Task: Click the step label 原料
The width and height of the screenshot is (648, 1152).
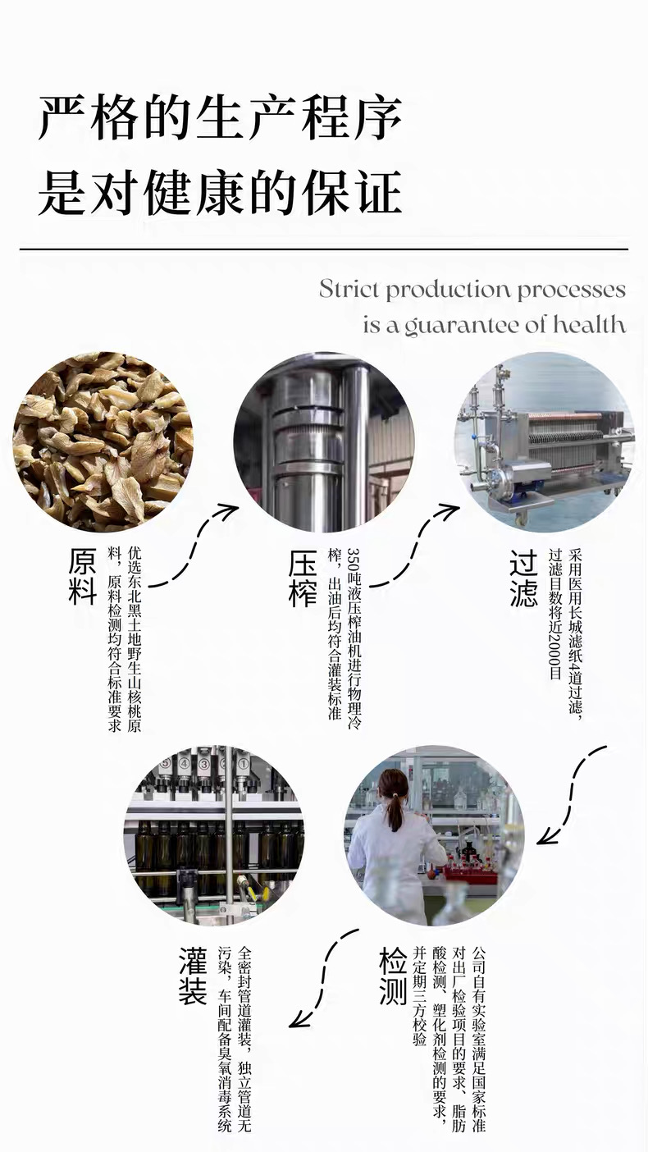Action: [82, 576]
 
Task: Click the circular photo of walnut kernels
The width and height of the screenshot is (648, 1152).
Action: [103, 441]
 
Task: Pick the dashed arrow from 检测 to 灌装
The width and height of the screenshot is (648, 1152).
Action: [324, 976]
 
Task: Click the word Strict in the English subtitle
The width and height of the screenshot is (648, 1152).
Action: [349, 290]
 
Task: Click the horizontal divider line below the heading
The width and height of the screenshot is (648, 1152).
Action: [323, 248]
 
